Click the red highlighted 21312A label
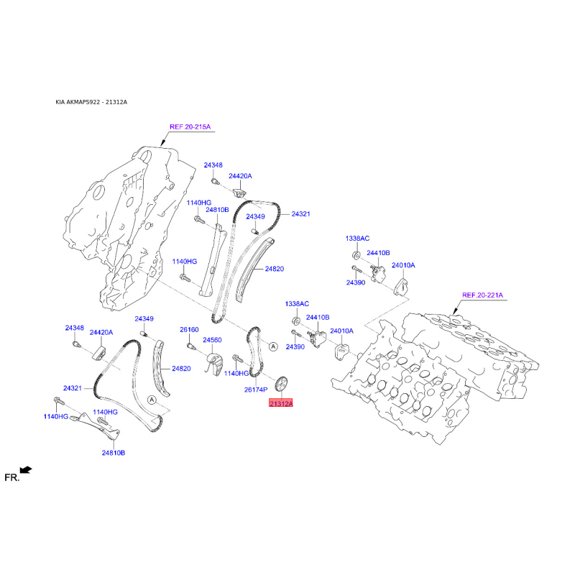point(280,405)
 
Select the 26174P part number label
point(256,389)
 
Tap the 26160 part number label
point(189,330)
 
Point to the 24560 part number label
point(212,340)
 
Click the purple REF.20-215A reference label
point(190,127)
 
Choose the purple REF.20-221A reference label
point(483,295)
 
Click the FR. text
point(11,477)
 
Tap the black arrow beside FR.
point(27,470)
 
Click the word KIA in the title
point(62,102)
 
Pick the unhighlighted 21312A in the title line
point(116,102)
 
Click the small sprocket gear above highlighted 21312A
point(281,383)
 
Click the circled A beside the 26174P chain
point(273,347)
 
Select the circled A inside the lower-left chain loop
point(152,398)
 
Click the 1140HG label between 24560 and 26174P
point(236,373)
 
